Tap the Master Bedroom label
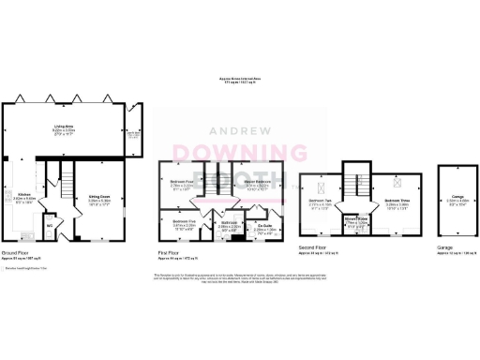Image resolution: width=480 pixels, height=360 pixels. point(257,183)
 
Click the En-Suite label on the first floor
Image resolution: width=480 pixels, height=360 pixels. point(265,226)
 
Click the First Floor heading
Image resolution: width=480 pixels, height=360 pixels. point(167,252)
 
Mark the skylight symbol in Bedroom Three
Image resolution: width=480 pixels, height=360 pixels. point(396,184)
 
